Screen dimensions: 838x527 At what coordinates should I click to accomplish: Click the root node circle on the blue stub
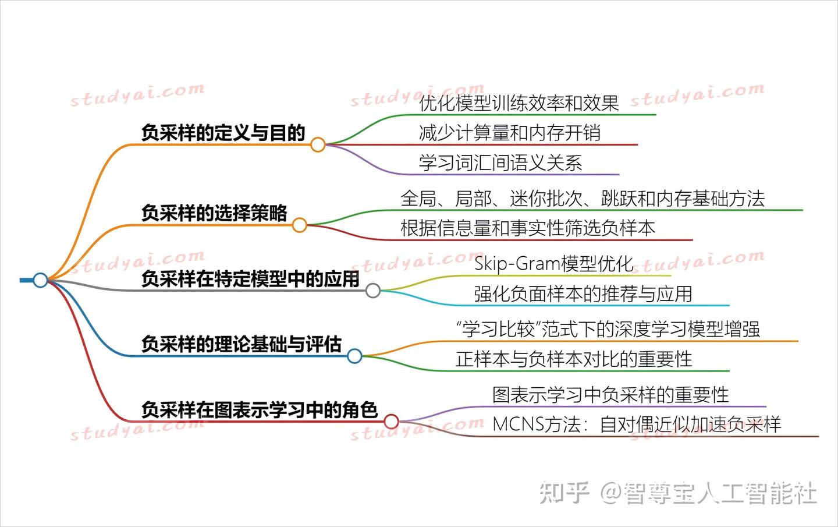[x=40, y=280]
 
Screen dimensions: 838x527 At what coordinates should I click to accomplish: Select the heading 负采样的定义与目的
[x=223, y=133]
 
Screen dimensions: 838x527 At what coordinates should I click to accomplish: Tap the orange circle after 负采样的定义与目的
[x=318, y=144]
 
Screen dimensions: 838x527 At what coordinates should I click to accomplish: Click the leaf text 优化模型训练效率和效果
[x=519, y=103]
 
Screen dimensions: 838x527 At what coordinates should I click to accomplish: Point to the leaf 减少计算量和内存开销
[x=510, y=133]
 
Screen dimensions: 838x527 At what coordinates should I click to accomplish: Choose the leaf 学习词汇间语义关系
[x=500, y=163]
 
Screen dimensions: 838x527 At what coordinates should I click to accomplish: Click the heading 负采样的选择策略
[x=214, y=213]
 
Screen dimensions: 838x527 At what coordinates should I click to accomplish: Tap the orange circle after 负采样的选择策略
[x=300, y=225]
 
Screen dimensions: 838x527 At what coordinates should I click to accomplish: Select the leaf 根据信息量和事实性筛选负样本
[x=528, y=228]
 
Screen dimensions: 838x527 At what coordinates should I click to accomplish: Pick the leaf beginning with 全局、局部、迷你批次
[x=583, y=199]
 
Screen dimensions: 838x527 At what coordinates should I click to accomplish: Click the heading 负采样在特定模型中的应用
[x=251, y=279]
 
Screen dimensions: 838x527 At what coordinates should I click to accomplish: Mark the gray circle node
[x=373, y=291]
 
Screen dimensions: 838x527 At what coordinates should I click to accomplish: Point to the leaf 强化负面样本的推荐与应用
[x=583, y=294]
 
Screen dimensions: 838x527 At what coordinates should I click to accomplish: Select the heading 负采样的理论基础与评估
[x=242, y=344]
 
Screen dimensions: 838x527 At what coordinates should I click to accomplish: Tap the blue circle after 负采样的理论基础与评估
[x=354, y=356]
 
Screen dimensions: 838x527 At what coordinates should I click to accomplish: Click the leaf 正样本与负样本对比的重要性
[x=574, y=359]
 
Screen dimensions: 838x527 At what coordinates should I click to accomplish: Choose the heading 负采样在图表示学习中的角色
[x=260, y=410]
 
